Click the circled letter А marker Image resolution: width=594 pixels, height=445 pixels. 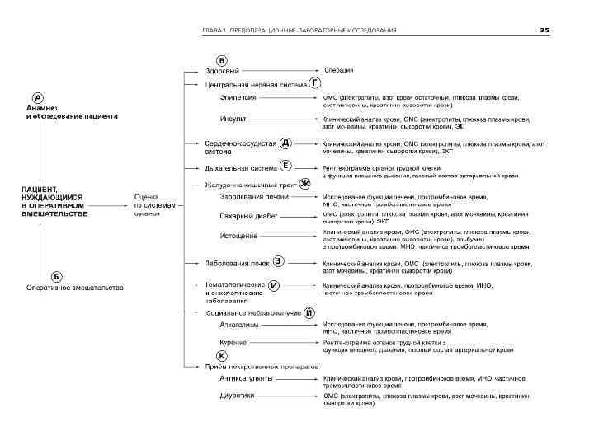(x=38, y=96)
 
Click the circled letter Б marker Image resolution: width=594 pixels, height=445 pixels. (x=57, y=275)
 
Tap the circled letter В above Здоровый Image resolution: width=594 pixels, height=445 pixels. (x=221, y=60)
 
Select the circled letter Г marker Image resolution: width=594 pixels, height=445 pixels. (x=315, y=83)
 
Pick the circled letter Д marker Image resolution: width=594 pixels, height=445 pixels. (x=285, y=143)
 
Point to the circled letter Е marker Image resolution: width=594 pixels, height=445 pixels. (x=285, y=165)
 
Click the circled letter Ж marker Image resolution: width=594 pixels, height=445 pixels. (x=304, y=184)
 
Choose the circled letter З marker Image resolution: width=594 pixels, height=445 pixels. (x=279, y=261)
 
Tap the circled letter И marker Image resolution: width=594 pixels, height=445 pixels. (x=274, y=286)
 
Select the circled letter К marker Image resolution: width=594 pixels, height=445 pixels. (x=221, y=355)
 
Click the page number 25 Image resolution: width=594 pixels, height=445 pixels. (x=544, y=30)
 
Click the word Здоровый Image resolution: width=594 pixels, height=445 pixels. (x=222, y=71)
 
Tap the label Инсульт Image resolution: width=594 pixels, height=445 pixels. (x=233, y=119)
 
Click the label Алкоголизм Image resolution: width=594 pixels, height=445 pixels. (x=238, y=325)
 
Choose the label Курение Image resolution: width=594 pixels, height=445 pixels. (x=233, y=341)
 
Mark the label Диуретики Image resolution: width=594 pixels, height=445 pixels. (x=237, y=396)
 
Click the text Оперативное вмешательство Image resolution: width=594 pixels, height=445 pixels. (x=75, y=288)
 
